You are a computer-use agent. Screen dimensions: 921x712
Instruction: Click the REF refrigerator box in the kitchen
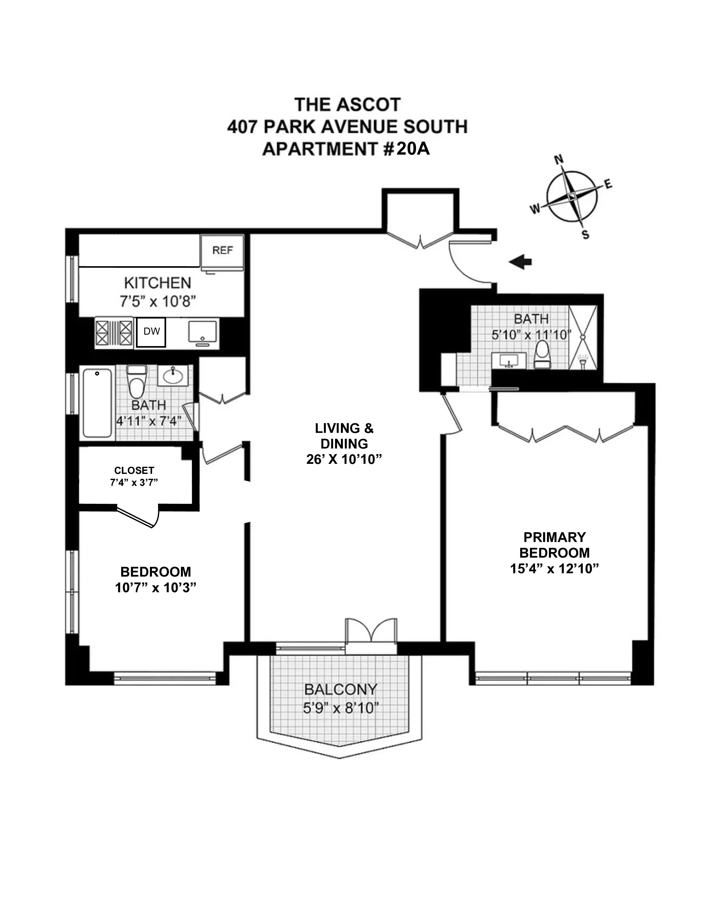(222, 252)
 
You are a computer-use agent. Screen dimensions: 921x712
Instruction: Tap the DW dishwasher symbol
(151, 332)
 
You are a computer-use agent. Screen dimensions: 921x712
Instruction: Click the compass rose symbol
(572, 196)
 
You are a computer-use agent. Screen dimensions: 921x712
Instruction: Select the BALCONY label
(340, 689)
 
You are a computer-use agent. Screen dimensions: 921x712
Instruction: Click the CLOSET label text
(134, 470)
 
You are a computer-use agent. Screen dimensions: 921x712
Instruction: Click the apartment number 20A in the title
(412, 149)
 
